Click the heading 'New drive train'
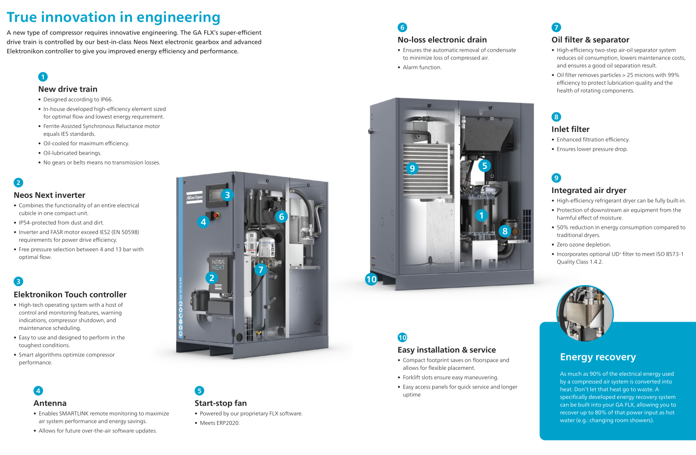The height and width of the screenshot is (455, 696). [68, 89]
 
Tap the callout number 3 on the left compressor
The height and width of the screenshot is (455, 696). [227, 195]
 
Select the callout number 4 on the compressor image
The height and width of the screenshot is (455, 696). [203, 222]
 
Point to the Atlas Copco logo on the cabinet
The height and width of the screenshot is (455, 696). [194, 197]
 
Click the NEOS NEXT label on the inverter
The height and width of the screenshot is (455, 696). [218, 265]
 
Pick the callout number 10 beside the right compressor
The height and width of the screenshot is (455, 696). [371, 279]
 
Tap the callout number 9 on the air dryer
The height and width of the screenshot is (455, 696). [412, 168]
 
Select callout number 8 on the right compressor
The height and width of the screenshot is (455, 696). [505, 231]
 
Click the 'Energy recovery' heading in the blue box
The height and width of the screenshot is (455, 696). [598, 357]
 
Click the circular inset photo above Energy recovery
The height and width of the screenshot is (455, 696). [585, 313]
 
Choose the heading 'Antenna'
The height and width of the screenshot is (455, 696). [50, 403]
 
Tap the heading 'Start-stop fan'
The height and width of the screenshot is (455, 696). [221, 403]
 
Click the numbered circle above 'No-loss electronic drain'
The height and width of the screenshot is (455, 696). [402, 28]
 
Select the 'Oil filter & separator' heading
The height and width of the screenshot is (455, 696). [590, 40]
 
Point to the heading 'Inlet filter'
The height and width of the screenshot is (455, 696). [570, 130]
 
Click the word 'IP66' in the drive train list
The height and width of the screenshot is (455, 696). [106, 99]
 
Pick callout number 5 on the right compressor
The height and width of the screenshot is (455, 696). [484, 166]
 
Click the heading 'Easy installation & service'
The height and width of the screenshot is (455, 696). [446, 350]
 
